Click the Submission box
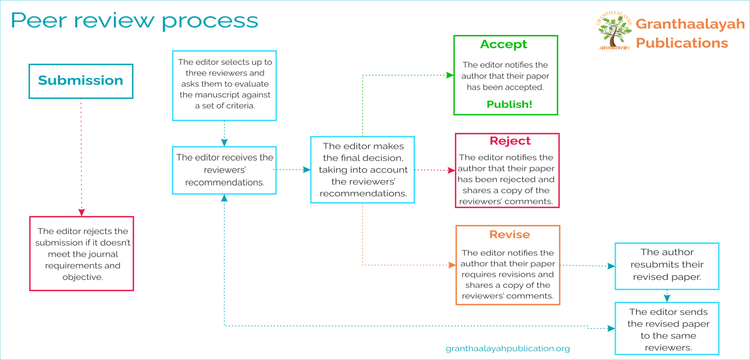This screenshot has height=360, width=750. [x=81, y=81]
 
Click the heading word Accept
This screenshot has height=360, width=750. [x=504, y=44]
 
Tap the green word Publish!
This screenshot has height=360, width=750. [x=509, y=104]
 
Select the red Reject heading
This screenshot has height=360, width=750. [x=510, y=141]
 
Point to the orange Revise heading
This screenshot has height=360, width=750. [x=509, y=234]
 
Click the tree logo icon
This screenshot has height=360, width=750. [x=614, y=31]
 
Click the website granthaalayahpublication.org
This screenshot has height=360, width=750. [x=508, y=348]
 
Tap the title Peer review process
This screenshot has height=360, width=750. [x=134, y=21]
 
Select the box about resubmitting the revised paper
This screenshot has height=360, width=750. [x=667, y=266]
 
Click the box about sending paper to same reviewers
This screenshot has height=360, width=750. [x=667, y=329]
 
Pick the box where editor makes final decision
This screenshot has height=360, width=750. [x=363, y=170]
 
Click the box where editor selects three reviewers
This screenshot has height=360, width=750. [x=224, y=85]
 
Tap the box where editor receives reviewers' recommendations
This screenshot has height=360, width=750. [x=224, y=170]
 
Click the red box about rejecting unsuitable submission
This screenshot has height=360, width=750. [x=82, y=254]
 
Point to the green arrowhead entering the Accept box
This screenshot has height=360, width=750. [x=450, y=75]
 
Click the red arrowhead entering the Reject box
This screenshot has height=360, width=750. [x=452, y=170]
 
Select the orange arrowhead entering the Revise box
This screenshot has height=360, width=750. [x=452, y=265]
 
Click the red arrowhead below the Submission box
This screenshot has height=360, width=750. [x=82, y=212]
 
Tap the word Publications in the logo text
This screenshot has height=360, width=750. [x=682, y=43]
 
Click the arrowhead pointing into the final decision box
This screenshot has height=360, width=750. [x=307, y=170]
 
